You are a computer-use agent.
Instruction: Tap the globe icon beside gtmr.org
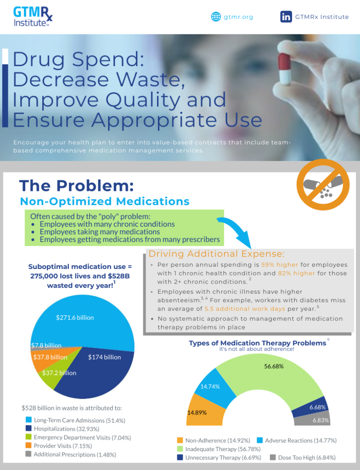pos(216,17)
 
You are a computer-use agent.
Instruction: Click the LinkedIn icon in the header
pos(286,17)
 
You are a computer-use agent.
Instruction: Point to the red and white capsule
pos(286,69)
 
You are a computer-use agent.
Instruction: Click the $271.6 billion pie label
pos(75,317)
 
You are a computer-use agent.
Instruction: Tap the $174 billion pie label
pos(104,357)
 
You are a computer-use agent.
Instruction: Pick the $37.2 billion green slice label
pos(59,373)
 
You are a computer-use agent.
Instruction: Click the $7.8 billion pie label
pos(46,345)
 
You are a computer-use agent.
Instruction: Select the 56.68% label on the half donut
pos(274,366)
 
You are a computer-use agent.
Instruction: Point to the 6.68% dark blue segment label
pos(317,407)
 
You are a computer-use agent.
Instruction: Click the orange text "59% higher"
pos(280,265)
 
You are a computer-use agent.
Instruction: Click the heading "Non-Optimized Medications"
pos(105,201)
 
